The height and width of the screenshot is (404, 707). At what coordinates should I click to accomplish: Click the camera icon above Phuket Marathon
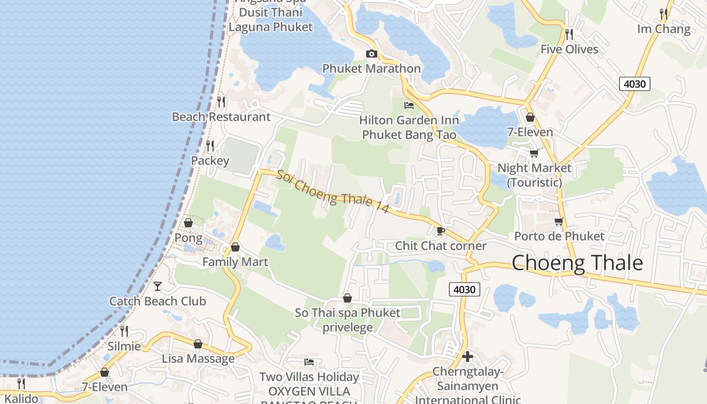[x=371, y=54]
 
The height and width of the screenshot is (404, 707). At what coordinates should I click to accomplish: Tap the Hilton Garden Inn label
[x=409, y=120]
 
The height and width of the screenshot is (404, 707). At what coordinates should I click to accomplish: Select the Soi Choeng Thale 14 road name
[x=332, y=191]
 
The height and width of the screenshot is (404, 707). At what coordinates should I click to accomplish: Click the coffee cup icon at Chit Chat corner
[x=440, y=231]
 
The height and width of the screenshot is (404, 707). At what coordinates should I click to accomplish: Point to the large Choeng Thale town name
[x=577, y=263]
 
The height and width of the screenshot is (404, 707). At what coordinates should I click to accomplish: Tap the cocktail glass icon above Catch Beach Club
[x=158, y=286]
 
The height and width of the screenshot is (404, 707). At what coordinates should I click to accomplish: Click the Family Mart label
[x=235, y=262]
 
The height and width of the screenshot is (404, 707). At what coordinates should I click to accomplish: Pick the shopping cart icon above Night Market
[x=534, y=153]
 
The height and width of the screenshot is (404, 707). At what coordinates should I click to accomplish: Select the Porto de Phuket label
[x=559, y=236]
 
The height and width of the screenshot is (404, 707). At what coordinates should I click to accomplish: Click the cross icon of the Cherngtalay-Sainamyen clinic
[x=467, y=357]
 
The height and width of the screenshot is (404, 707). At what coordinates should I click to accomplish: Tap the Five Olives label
[x=569, y=49]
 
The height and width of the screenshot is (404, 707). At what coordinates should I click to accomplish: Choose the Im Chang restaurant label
[x=664, y=29]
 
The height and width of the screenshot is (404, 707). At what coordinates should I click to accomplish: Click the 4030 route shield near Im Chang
[x=634, y=84]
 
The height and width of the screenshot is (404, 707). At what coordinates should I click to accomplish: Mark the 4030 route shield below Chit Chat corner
[x=464, y=289]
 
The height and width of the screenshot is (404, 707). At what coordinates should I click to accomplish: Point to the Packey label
[x=210, y=161]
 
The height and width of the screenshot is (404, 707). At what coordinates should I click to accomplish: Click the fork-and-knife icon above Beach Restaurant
[x=221, y=102]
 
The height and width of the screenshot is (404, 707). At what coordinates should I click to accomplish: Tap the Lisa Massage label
[x=198, y=359]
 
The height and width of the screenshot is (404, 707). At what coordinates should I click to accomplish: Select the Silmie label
[x=124, y=346]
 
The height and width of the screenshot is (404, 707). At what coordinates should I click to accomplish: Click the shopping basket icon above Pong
[x=188, y=223]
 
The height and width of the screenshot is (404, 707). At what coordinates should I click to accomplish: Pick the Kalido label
[x=21, y=398]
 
